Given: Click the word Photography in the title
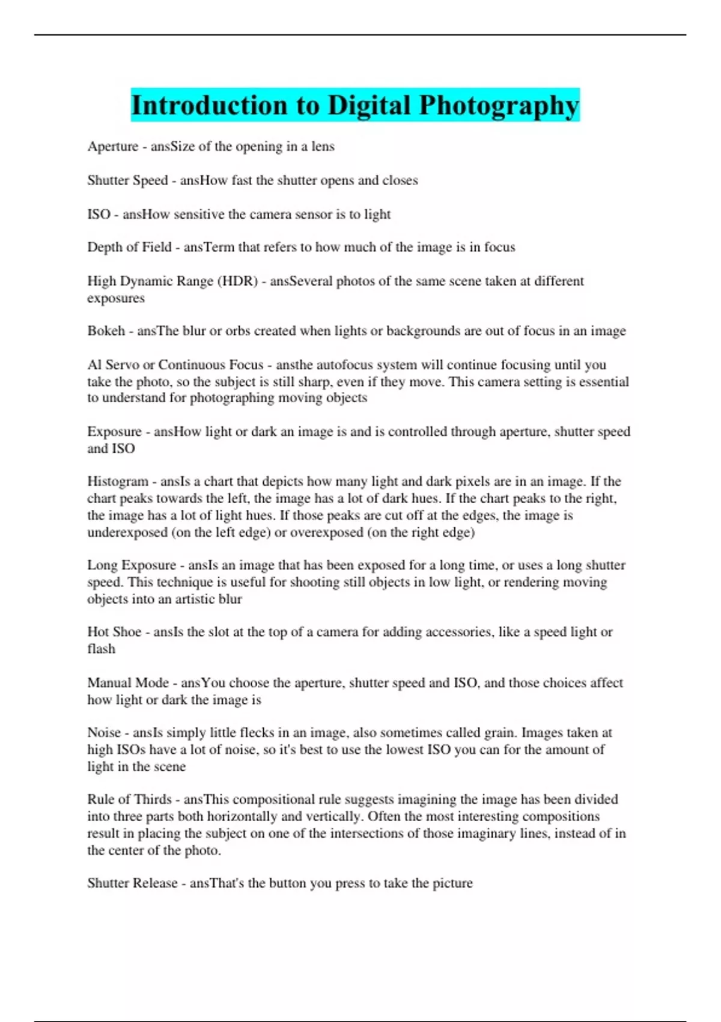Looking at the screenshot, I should [499, 105].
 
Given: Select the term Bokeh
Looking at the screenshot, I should [106, 331].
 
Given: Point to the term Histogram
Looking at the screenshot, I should [118, 481].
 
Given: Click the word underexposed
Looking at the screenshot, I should [127, 532].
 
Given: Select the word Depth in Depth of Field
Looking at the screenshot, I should [104, 247].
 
